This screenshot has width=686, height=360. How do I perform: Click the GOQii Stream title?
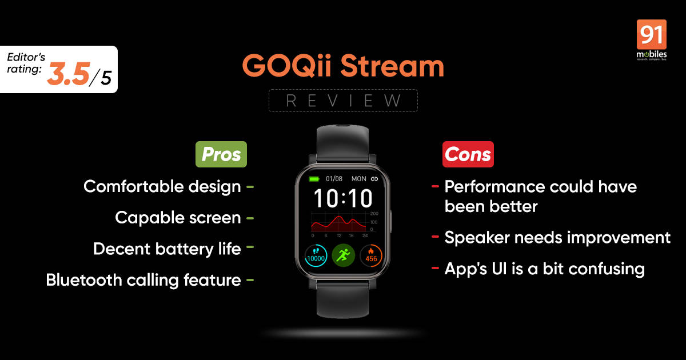tap(343, 66)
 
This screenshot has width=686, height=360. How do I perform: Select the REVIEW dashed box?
tap(343, 101)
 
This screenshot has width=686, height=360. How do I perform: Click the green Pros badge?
tap(221, 154)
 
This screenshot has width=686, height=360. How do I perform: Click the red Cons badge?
tap(468, 154)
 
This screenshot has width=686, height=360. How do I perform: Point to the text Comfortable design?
tap(162, 186)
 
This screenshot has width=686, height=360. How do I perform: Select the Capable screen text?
tap(178, 217)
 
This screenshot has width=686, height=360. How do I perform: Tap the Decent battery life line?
tap(167, 249)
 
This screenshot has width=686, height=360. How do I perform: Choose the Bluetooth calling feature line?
tap(143, 280)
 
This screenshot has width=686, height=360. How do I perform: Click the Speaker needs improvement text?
tap(557, 237)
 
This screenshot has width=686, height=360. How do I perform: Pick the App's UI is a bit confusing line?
tap(544, 269)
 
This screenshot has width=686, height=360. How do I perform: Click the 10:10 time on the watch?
tap(343, 198)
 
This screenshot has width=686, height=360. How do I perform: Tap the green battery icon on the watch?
tap(314, 179)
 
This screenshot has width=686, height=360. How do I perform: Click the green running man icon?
tap(343, 255)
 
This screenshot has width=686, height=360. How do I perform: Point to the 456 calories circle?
tap(371, 255)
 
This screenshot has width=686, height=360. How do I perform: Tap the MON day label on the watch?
tap(358, 179)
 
